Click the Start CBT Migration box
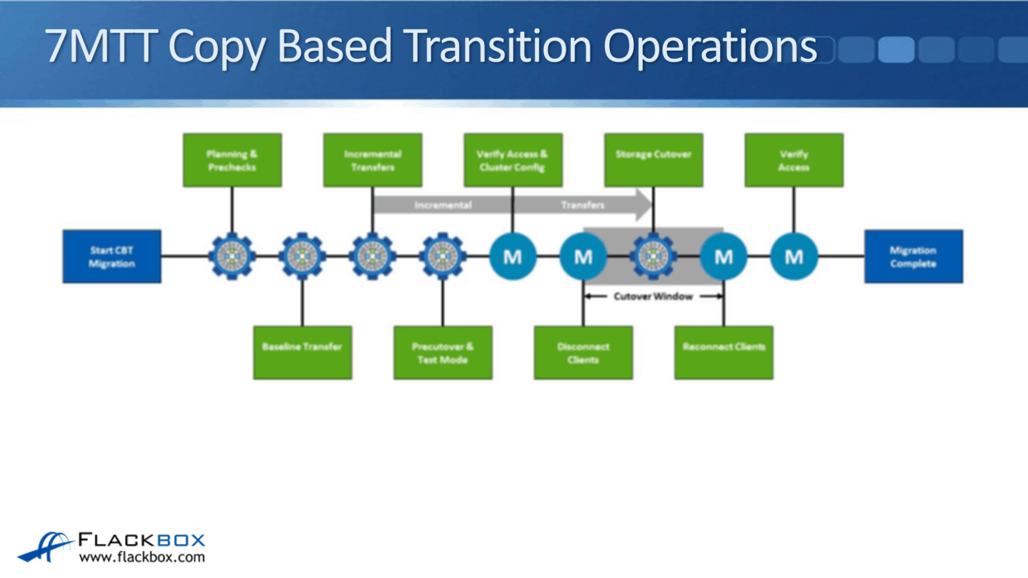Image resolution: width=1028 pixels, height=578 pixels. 112,257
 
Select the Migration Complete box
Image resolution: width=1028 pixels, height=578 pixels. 913,257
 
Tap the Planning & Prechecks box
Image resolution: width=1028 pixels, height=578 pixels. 232,160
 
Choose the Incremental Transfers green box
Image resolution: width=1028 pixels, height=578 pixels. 373,160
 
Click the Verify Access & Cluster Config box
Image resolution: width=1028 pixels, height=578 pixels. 513,160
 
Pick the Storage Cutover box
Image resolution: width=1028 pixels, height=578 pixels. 653,160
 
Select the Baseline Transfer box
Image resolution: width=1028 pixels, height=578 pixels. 303,353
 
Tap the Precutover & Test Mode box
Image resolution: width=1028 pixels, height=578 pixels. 442,353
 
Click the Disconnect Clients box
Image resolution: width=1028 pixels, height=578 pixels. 583,353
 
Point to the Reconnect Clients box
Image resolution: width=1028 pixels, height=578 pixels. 723,353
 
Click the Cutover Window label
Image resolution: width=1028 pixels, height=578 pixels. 653,296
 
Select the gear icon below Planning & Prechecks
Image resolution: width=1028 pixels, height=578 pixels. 232,256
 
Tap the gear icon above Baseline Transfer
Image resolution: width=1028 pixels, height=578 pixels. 303,256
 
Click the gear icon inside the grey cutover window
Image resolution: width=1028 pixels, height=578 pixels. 653,256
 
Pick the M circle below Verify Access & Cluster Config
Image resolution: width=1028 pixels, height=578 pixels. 513,256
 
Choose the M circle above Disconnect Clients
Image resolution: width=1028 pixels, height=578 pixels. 583,256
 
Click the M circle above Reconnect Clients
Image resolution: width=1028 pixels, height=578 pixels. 723,256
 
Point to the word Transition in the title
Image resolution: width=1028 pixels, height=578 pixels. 497,47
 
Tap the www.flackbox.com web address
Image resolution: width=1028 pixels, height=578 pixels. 142,557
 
